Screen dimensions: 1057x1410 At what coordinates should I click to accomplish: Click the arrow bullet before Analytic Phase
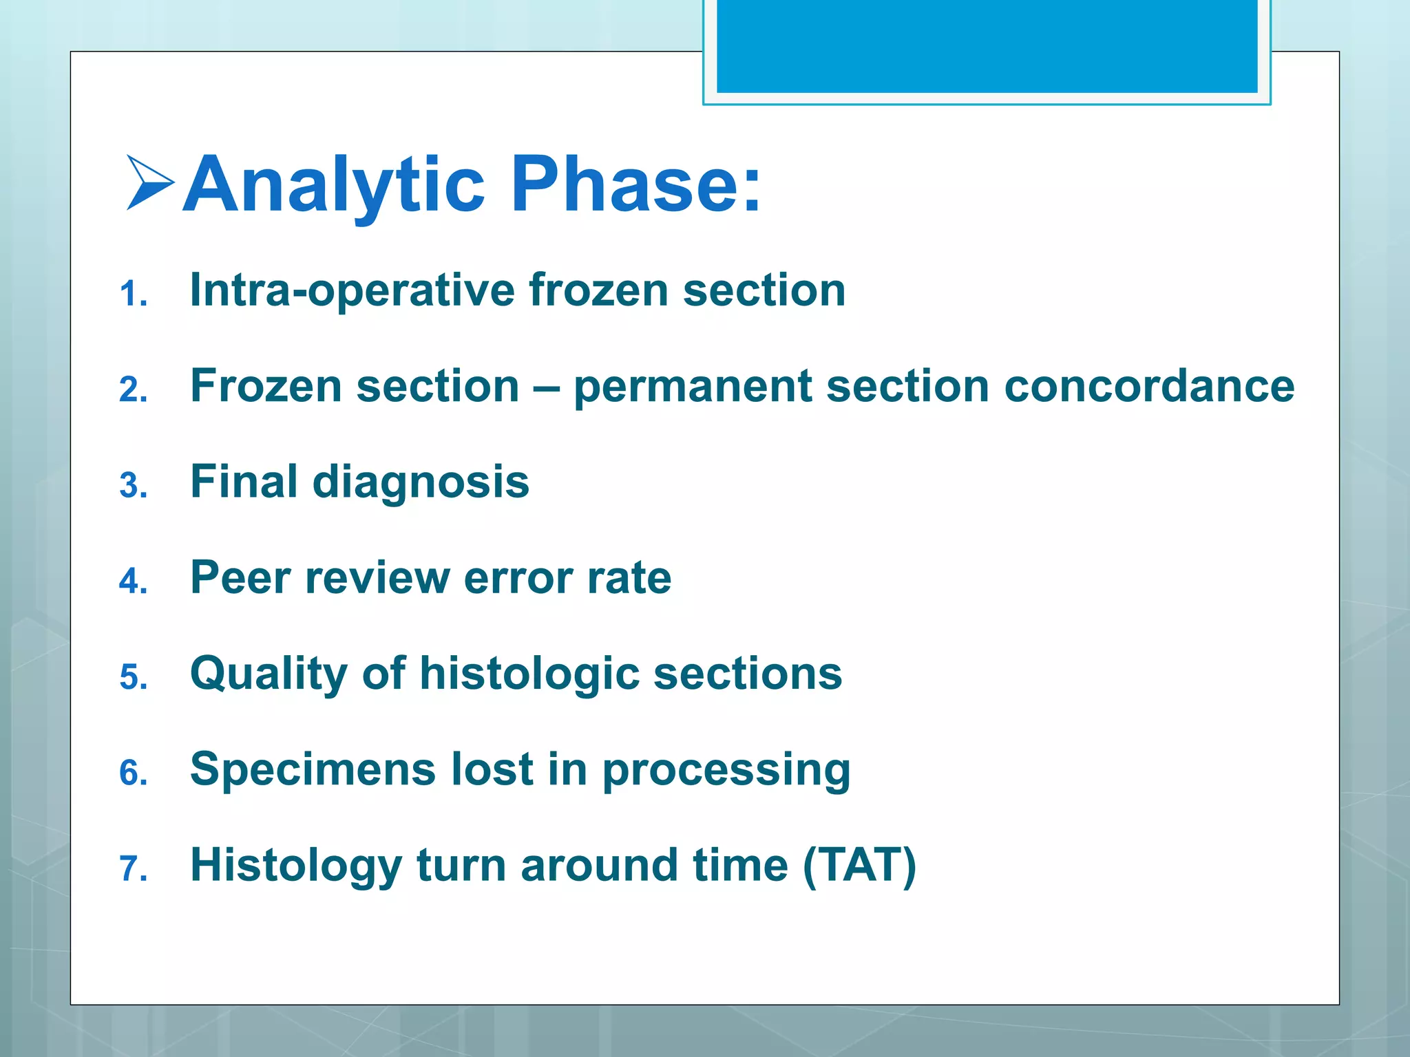point(150,182)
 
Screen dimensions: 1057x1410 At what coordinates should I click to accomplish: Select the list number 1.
point(133,295)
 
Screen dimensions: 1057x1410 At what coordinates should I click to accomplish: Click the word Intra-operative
point(351,290)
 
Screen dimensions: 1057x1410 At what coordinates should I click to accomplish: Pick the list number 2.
point(133,390)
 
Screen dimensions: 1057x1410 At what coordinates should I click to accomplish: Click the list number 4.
point(133,581)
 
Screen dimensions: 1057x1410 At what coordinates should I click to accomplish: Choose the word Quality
point(269,674)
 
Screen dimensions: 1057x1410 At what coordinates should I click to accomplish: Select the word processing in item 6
point(726,771)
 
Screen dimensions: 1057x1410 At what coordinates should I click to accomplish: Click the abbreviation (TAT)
point(859,865)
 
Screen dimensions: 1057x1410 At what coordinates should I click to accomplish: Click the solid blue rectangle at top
point(987,45)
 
